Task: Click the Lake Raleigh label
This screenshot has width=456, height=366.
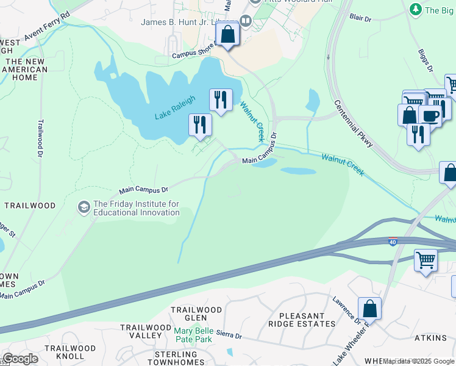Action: click(175, 108)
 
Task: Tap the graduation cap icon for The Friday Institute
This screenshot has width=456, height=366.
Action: click(84, 208)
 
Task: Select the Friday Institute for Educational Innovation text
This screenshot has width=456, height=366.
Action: click(136, 208)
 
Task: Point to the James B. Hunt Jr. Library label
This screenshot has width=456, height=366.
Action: click(189, 22)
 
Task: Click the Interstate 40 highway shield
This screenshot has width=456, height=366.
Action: click(393, 242)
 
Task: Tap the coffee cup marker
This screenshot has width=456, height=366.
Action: click(430, 115)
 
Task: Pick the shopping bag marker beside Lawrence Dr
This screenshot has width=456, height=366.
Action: click(369, 309)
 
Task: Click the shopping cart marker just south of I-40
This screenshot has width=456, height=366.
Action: click(426, 260)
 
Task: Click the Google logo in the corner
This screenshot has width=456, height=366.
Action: click(20, 359)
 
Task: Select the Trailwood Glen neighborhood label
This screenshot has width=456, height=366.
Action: click(196, 314)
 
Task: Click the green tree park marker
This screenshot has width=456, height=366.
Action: click(416, 9)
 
